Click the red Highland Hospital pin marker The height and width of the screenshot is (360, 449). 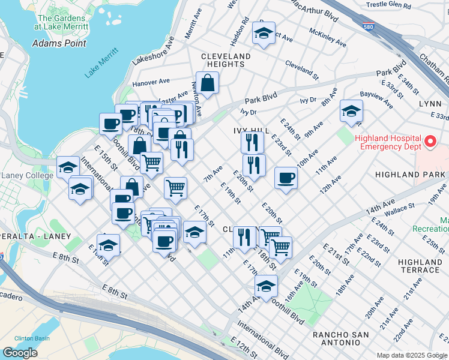tap(430, 142)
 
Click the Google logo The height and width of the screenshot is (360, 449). tap(20, 353)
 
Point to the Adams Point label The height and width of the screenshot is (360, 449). tap(59, 43)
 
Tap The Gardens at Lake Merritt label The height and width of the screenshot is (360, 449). tap(60, 22)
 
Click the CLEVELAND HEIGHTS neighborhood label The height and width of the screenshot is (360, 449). tap(226, 61)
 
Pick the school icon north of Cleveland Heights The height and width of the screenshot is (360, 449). tap(263, 34)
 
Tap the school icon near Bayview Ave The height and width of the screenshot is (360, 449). tap(351, 111)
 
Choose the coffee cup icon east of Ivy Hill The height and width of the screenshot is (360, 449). tap(286, 178)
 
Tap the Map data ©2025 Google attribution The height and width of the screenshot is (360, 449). tap(412, 355)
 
